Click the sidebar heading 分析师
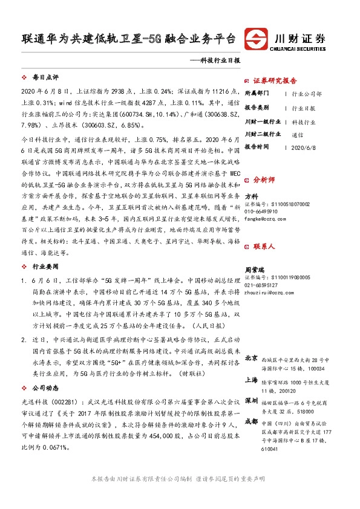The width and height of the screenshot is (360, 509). coord(264,180)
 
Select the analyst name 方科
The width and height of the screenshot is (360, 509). coord(251,196)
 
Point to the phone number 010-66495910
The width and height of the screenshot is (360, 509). coord(261,212)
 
